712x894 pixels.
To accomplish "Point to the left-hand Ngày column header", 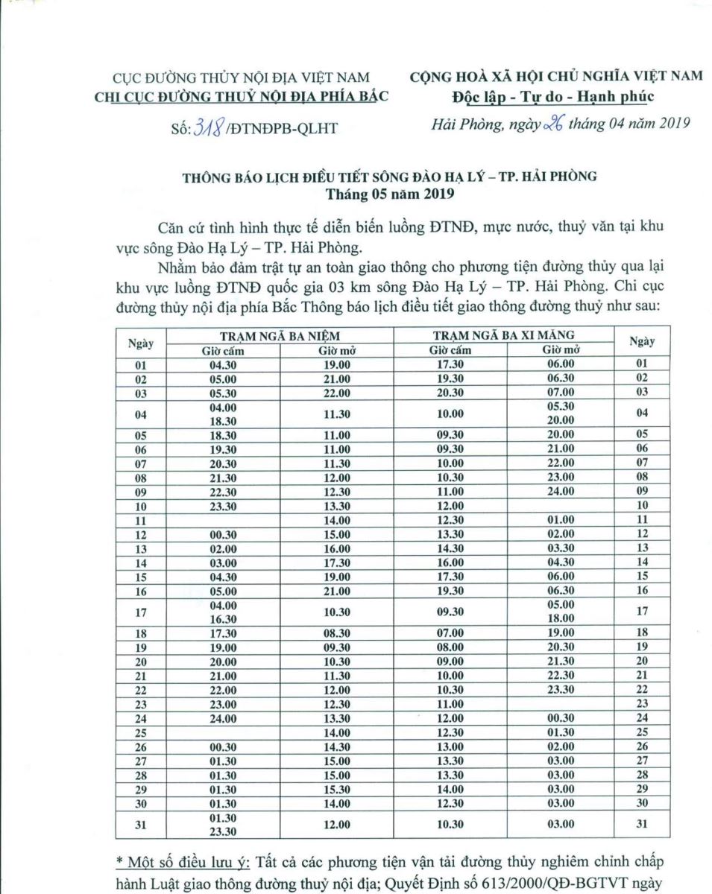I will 140,343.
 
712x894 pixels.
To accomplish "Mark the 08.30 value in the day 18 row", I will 335,634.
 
